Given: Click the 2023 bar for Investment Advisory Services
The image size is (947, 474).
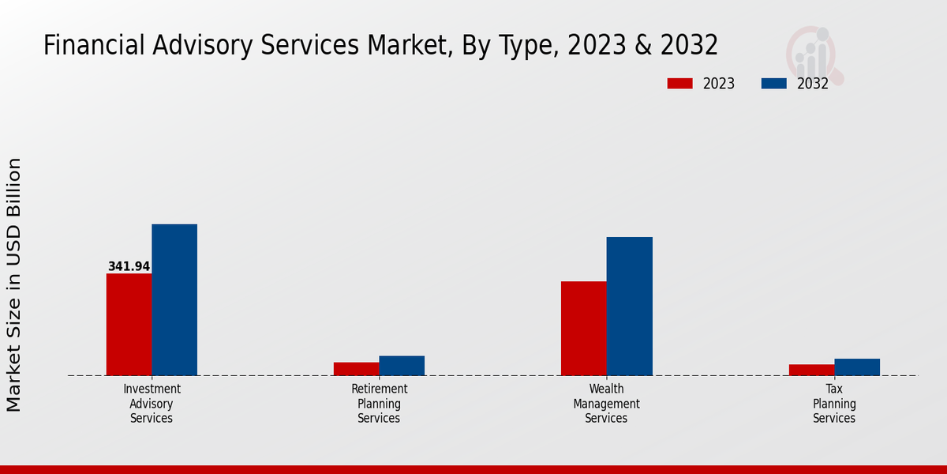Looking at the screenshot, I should click(x=129, y=324).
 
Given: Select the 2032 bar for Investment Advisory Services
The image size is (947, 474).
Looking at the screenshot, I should click(x=174, y=299).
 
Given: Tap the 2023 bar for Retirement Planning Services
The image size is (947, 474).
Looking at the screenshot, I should click(x=356, y=369).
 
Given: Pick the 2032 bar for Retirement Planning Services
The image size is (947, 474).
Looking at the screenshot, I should click(x=402, y=366).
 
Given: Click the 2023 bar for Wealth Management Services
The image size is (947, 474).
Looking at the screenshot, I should click(x=584, y=328).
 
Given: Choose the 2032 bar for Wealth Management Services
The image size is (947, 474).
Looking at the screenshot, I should click(x=630, y=306).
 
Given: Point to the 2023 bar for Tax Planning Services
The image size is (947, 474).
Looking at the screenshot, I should click(x=811, y=370).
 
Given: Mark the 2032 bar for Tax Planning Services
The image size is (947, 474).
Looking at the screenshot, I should click(x=857, y=367).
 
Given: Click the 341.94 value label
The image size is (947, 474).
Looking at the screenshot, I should click(x=129, y=267).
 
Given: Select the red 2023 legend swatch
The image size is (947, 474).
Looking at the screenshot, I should click(x=679, y=84).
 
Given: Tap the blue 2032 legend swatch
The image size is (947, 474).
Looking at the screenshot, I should click(x=773, y=84).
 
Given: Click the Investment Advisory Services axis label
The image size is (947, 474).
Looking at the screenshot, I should click(x=152, y=404).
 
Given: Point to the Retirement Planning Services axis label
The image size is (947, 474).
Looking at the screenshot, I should click(x=379, y=404).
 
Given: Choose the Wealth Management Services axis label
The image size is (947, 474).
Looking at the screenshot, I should click(x=606, y=404).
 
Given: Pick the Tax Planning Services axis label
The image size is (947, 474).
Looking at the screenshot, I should click(x=834, y=404).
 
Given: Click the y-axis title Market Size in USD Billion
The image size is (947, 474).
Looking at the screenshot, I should click(x=14, y=284).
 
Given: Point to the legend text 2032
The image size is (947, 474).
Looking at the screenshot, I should click(x=812, y=84).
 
